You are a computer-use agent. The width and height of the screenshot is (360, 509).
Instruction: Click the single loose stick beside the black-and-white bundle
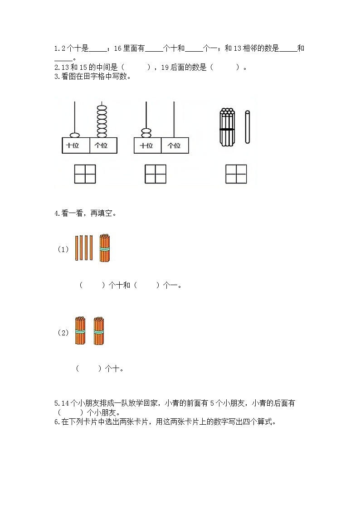pos(248,127)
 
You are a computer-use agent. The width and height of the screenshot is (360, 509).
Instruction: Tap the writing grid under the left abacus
pos(85,174)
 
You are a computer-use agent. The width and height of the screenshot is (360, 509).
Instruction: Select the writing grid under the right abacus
pos(156,174)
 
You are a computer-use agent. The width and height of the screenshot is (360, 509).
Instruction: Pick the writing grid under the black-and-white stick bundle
pos(236,174)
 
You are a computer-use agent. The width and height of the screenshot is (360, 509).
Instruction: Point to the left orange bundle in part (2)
pos(80,331)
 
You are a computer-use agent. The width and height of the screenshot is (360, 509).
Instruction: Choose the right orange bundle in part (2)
pos(99,331)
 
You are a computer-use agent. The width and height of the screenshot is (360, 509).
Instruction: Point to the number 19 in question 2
pos(165,68)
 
